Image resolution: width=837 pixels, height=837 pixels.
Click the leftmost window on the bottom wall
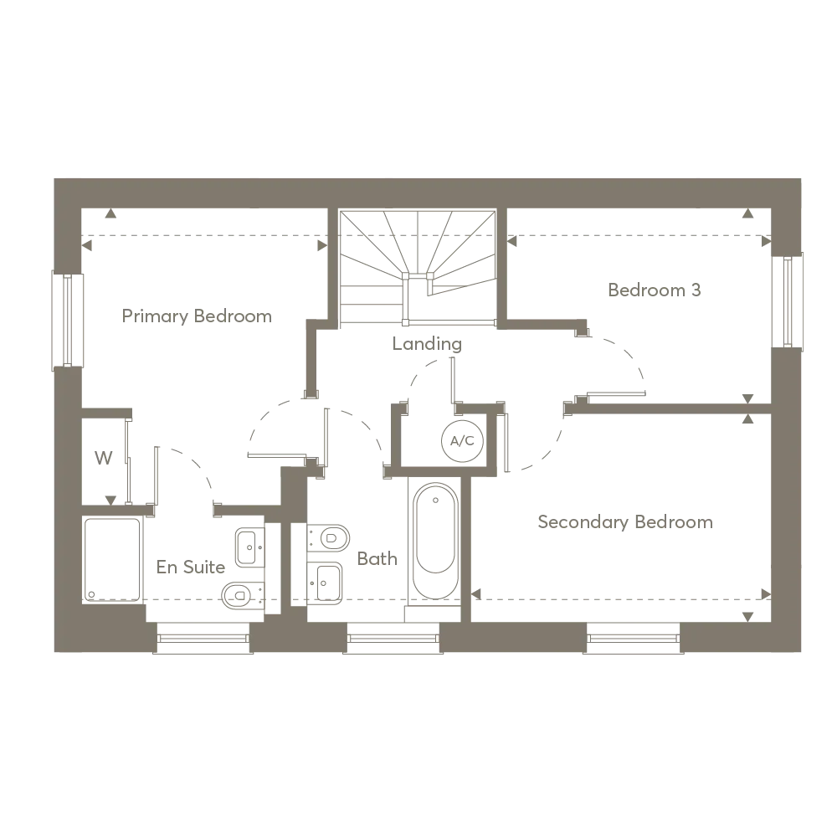(203, 639)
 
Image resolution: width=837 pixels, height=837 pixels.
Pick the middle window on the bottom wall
(393, 639)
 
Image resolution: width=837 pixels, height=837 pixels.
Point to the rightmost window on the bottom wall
(633, 639)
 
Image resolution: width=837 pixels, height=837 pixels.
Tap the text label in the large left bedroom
(198, 319)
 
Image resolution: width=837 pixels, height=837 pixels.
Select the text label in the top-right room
(653, 291)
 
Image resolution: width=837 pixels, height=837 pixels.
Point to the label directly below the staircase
(425, 343)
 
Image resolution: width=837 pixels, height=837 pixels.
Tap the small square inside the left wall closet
(104, 458)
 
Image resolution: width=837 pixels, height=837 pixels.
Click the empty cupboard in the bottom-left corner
(110, 559)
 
